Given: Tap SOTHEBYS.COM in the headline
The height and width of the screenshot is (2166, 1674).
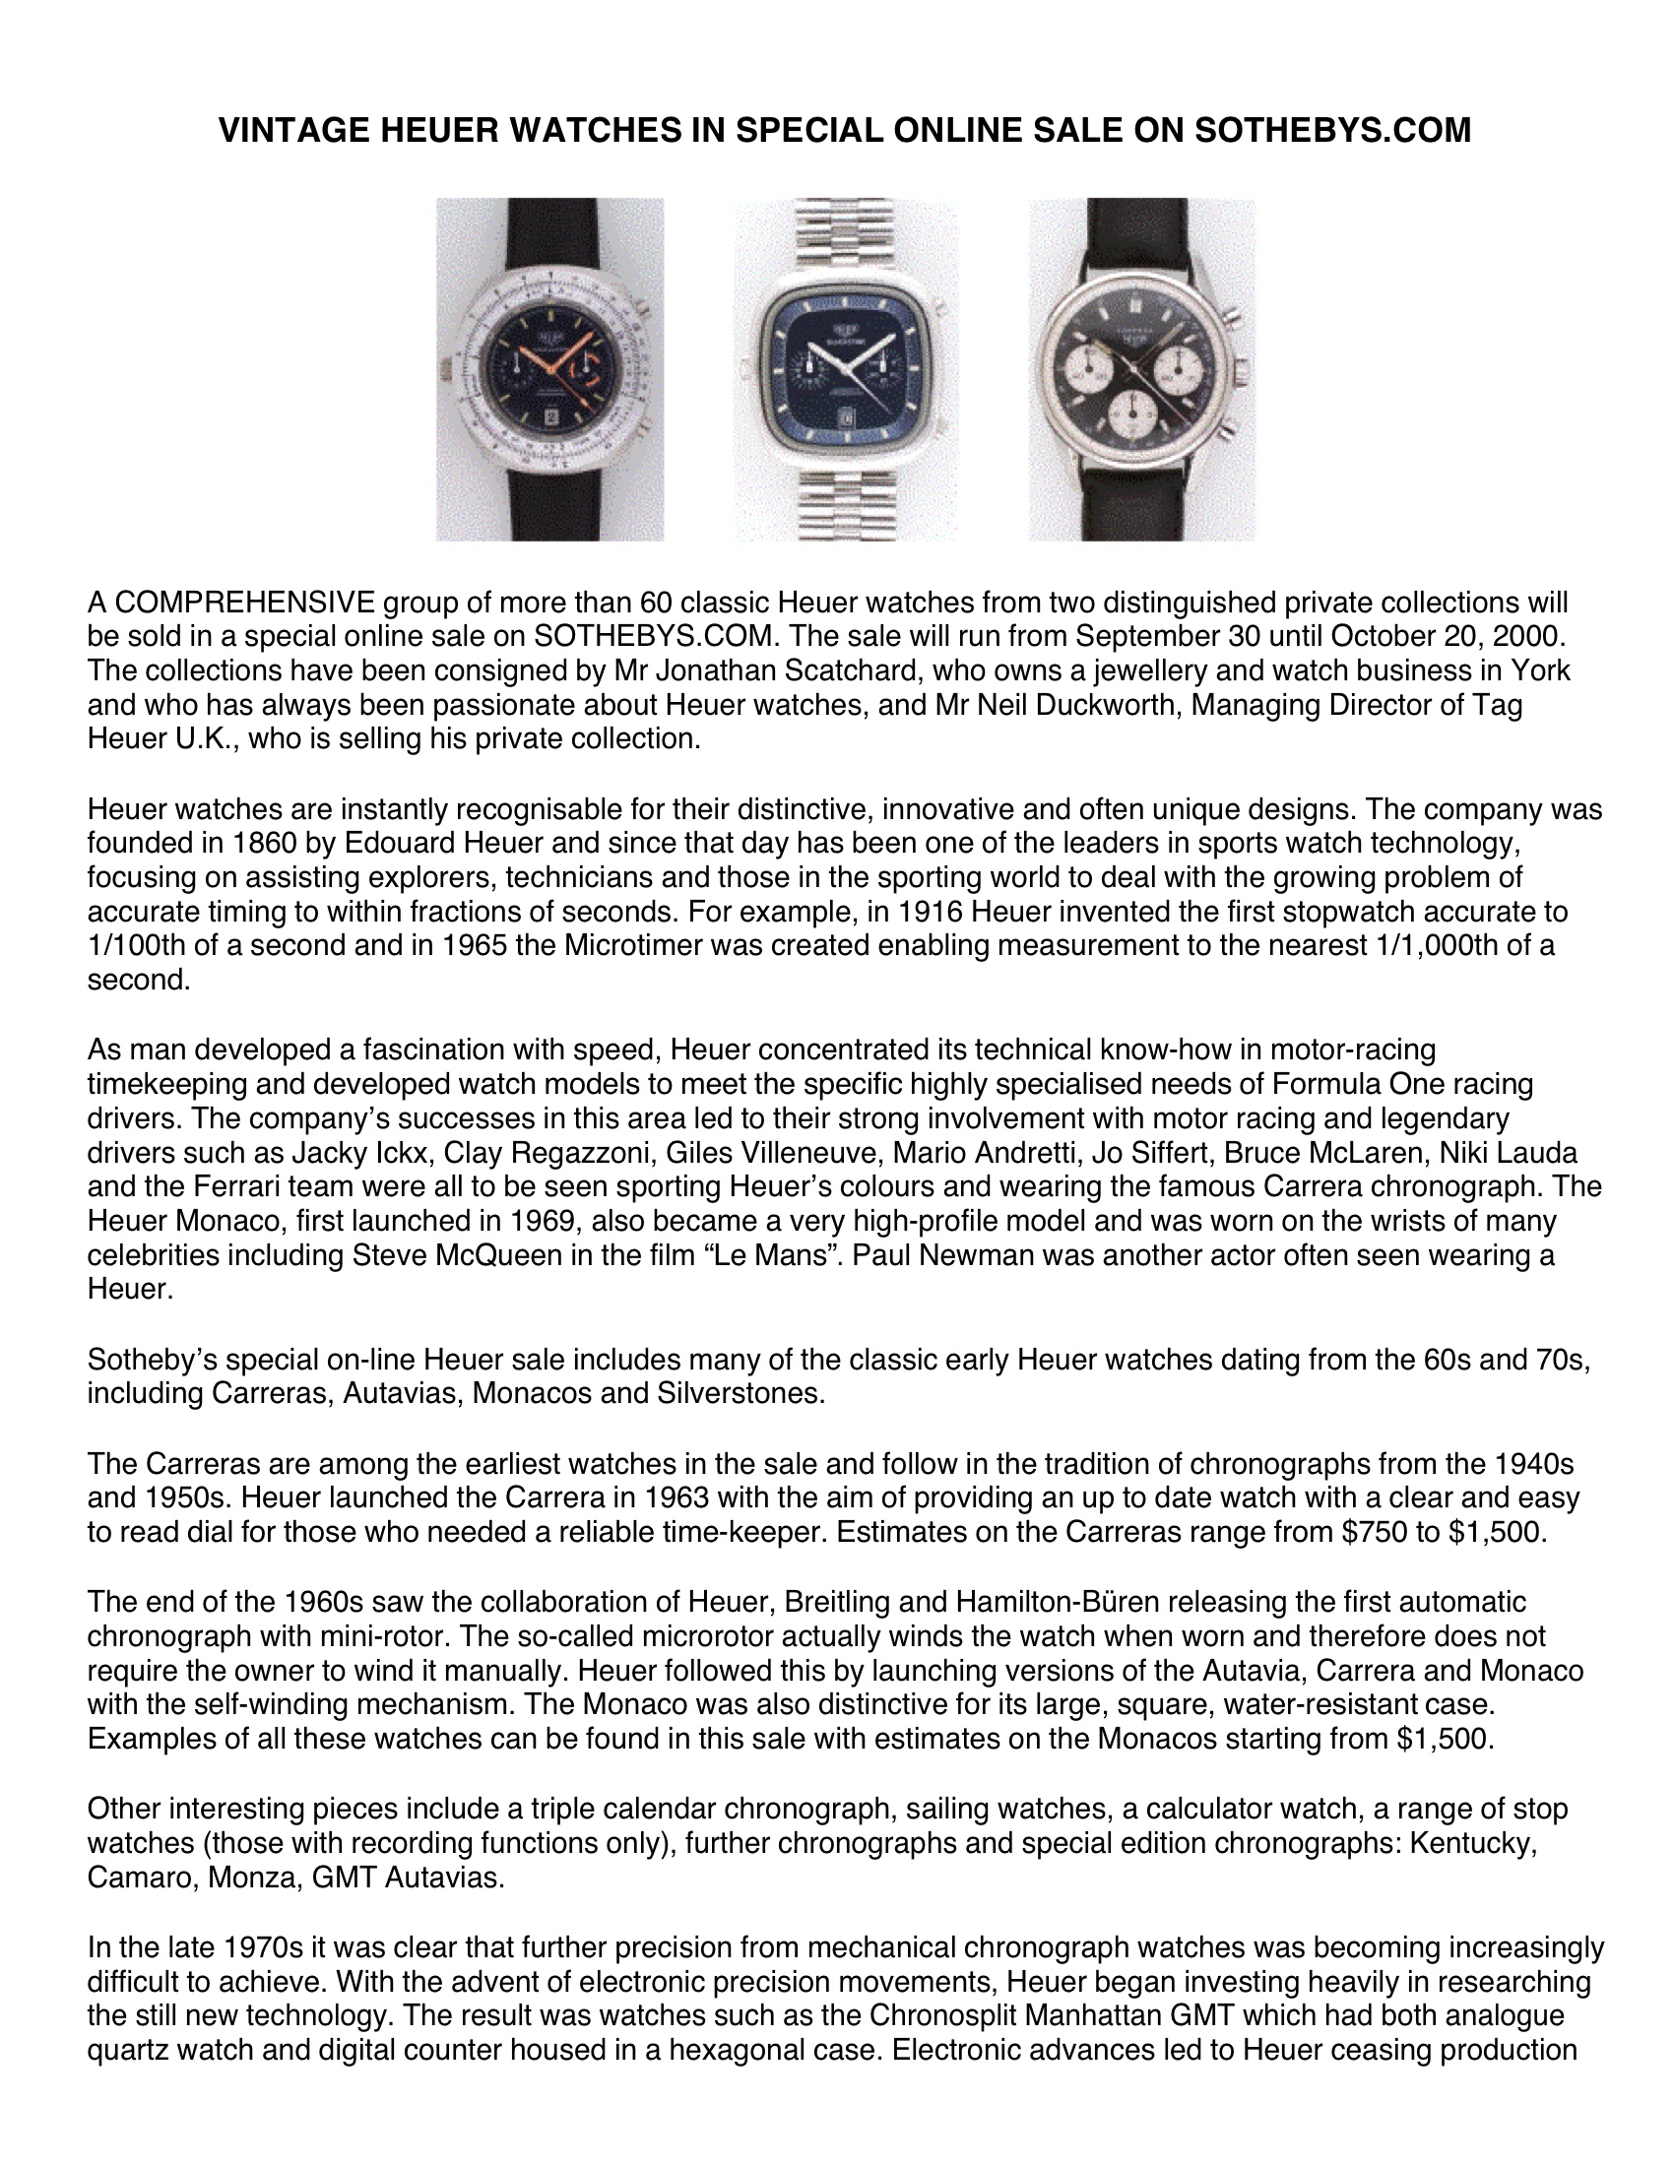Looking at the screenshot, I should click(x=1332, y=130).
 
